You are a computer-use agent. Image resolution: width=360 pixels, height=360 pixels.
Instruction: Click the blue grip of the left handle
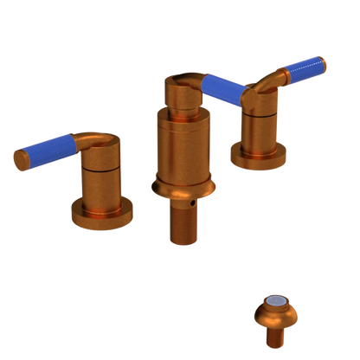pos(47,148)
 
